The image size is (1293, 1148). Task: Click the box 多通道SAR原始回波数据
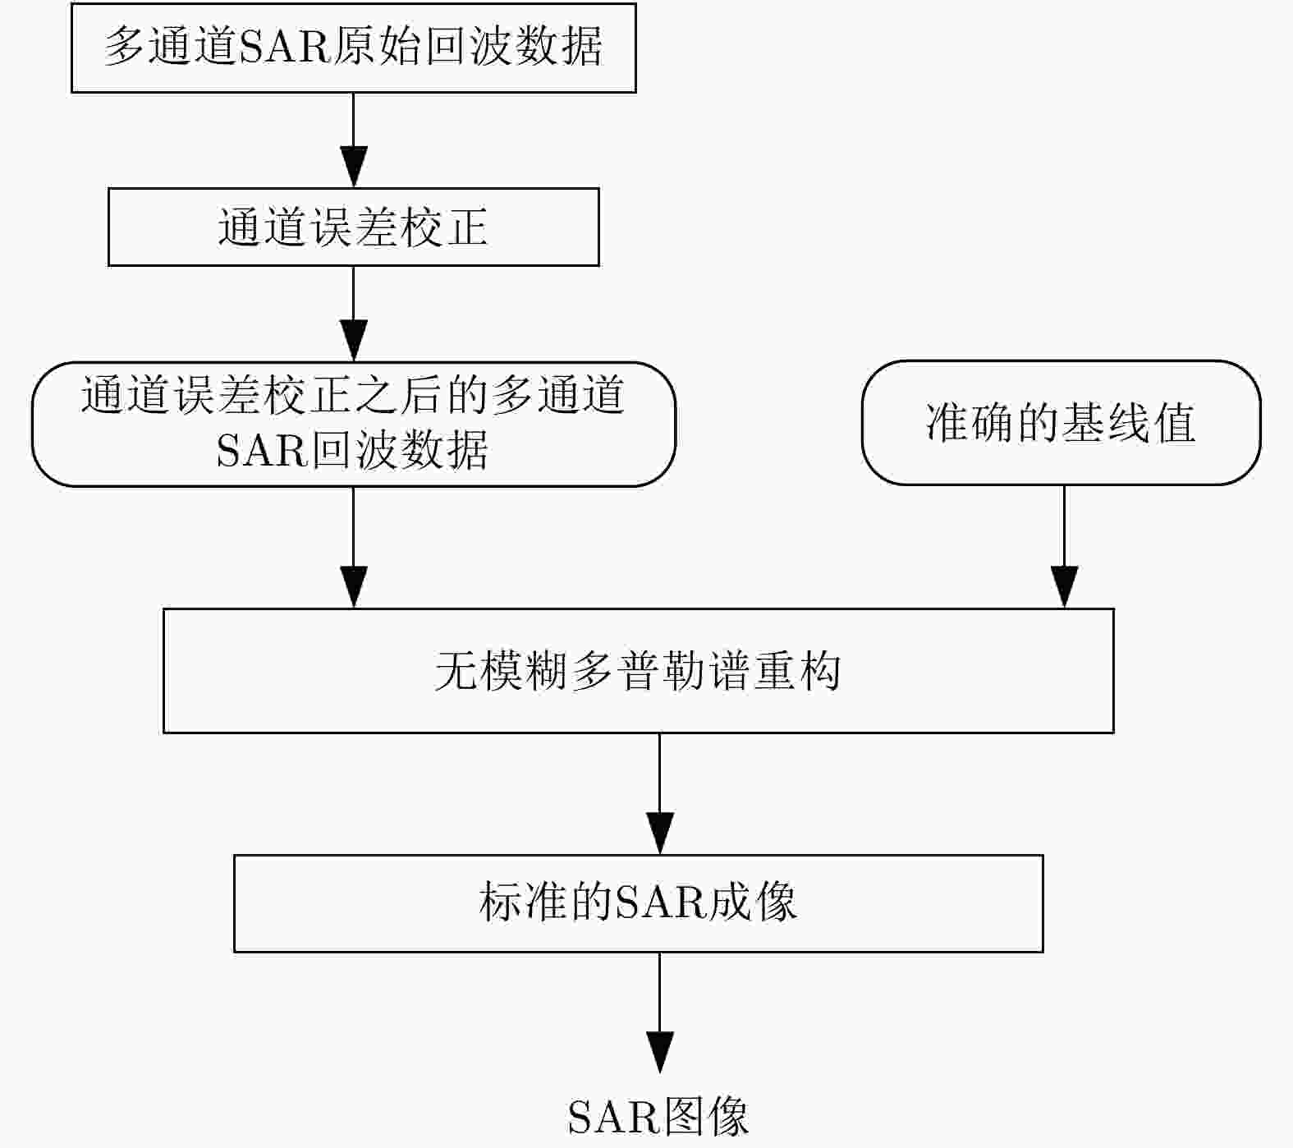(353, 48)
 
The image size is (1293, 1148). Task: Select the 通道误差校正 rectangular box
(353, 227)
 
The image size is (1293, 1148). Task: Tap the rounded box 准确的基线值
(1061, 423)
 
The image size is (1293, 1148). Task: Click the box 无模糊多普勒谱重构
(638, 670)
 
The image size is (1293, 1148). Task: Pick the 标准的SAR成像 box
(638, 902)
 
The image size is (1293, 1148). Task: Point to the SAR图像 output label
(658, 1116)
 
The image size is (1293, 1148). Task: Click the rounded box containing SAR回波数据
(353, 424)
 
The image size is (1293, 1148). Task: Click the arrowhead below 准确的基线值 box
(1064, 586)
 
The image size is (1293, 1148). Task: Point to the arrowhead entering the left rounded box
(353, 340)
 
